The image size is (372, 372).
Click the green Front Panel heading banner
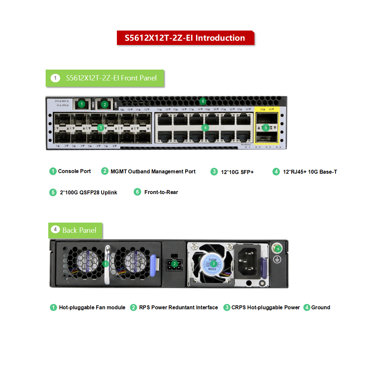point(105,78)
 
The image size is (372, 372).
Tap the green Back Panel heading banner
point(76,230)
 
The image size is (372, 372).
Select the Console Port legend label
point(74,171)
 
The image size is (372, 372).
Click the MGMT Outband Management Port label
point(153,171)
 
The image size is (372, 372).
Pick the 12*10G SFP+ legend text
point(237,172)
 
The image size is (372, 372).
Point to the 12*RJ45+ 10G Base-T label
point(310,172)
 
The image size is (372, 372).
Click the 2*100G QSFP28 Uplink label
point(88,192)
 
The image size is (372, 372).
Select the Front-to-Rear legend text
point(161,192)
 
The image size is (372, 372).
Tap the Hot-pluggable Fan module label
point(92,307)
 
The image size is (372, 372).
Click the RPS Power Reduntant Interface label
point(178,307)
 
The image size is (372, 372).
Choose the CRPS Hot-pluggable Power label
point(265,307)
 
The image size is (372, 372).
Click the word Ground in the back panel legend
point(320,307)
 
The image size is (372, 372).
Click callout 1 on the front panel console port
point(82,104)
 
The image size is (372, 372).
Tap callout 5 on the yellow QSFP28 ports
point(266,128)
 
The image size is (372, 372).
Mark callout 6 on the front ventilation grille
point(203,101)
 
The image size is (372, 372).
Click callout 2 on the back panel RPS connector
point(175,264)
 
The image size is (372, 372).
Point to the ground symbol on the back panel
point(277,260)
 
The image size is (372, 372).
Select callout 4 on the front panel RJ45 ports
point(205,128)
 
